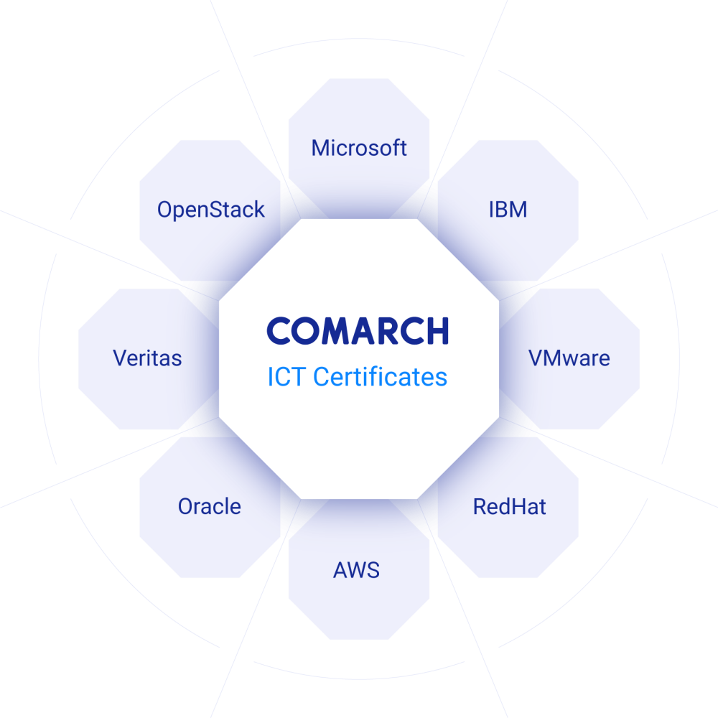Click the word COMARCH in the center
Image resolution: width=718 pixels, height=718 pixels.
point(358,331)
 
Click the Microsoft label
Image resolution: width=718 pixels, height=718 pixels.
point(359,148)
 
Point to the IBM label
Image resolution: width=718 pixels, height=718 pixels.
point(508,210)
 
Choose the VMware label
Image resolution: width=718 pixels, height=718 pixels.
point(569,358)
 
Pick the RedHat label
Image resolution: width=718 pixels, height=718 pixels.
point(509,506)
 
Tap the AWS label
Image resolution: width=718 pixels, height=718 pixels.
point(356,570)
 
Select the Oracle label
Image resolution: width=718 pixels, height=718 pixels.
point(209,506)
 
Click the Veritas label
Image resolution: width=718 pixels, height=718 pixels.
point(147,358)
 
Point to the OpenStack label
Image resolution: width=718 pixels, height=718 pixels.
point(210,210)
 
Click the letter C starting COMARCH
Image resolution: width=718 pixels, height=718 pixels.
point(279,331)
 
